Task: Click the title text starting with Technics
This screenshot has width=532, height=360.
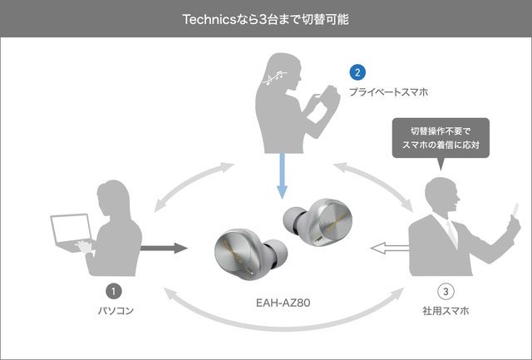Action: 265,18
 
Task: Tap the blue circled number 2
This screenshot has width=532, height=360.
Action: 357,72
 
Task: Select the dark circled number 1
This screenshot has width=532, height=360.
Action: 115,291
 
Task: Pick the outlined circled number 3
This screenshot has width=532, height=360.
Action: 446,291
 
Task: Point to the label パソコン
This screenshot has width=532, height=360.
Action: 115,311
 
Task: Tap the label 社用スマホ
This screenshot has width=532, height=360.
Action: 446,311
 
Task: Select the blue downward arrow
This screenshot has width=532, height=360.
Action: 282,179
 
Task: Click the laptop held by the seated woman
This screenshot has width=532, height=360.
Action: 71,232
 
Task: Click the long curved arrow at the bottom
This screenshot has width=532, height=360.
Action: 278,314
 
